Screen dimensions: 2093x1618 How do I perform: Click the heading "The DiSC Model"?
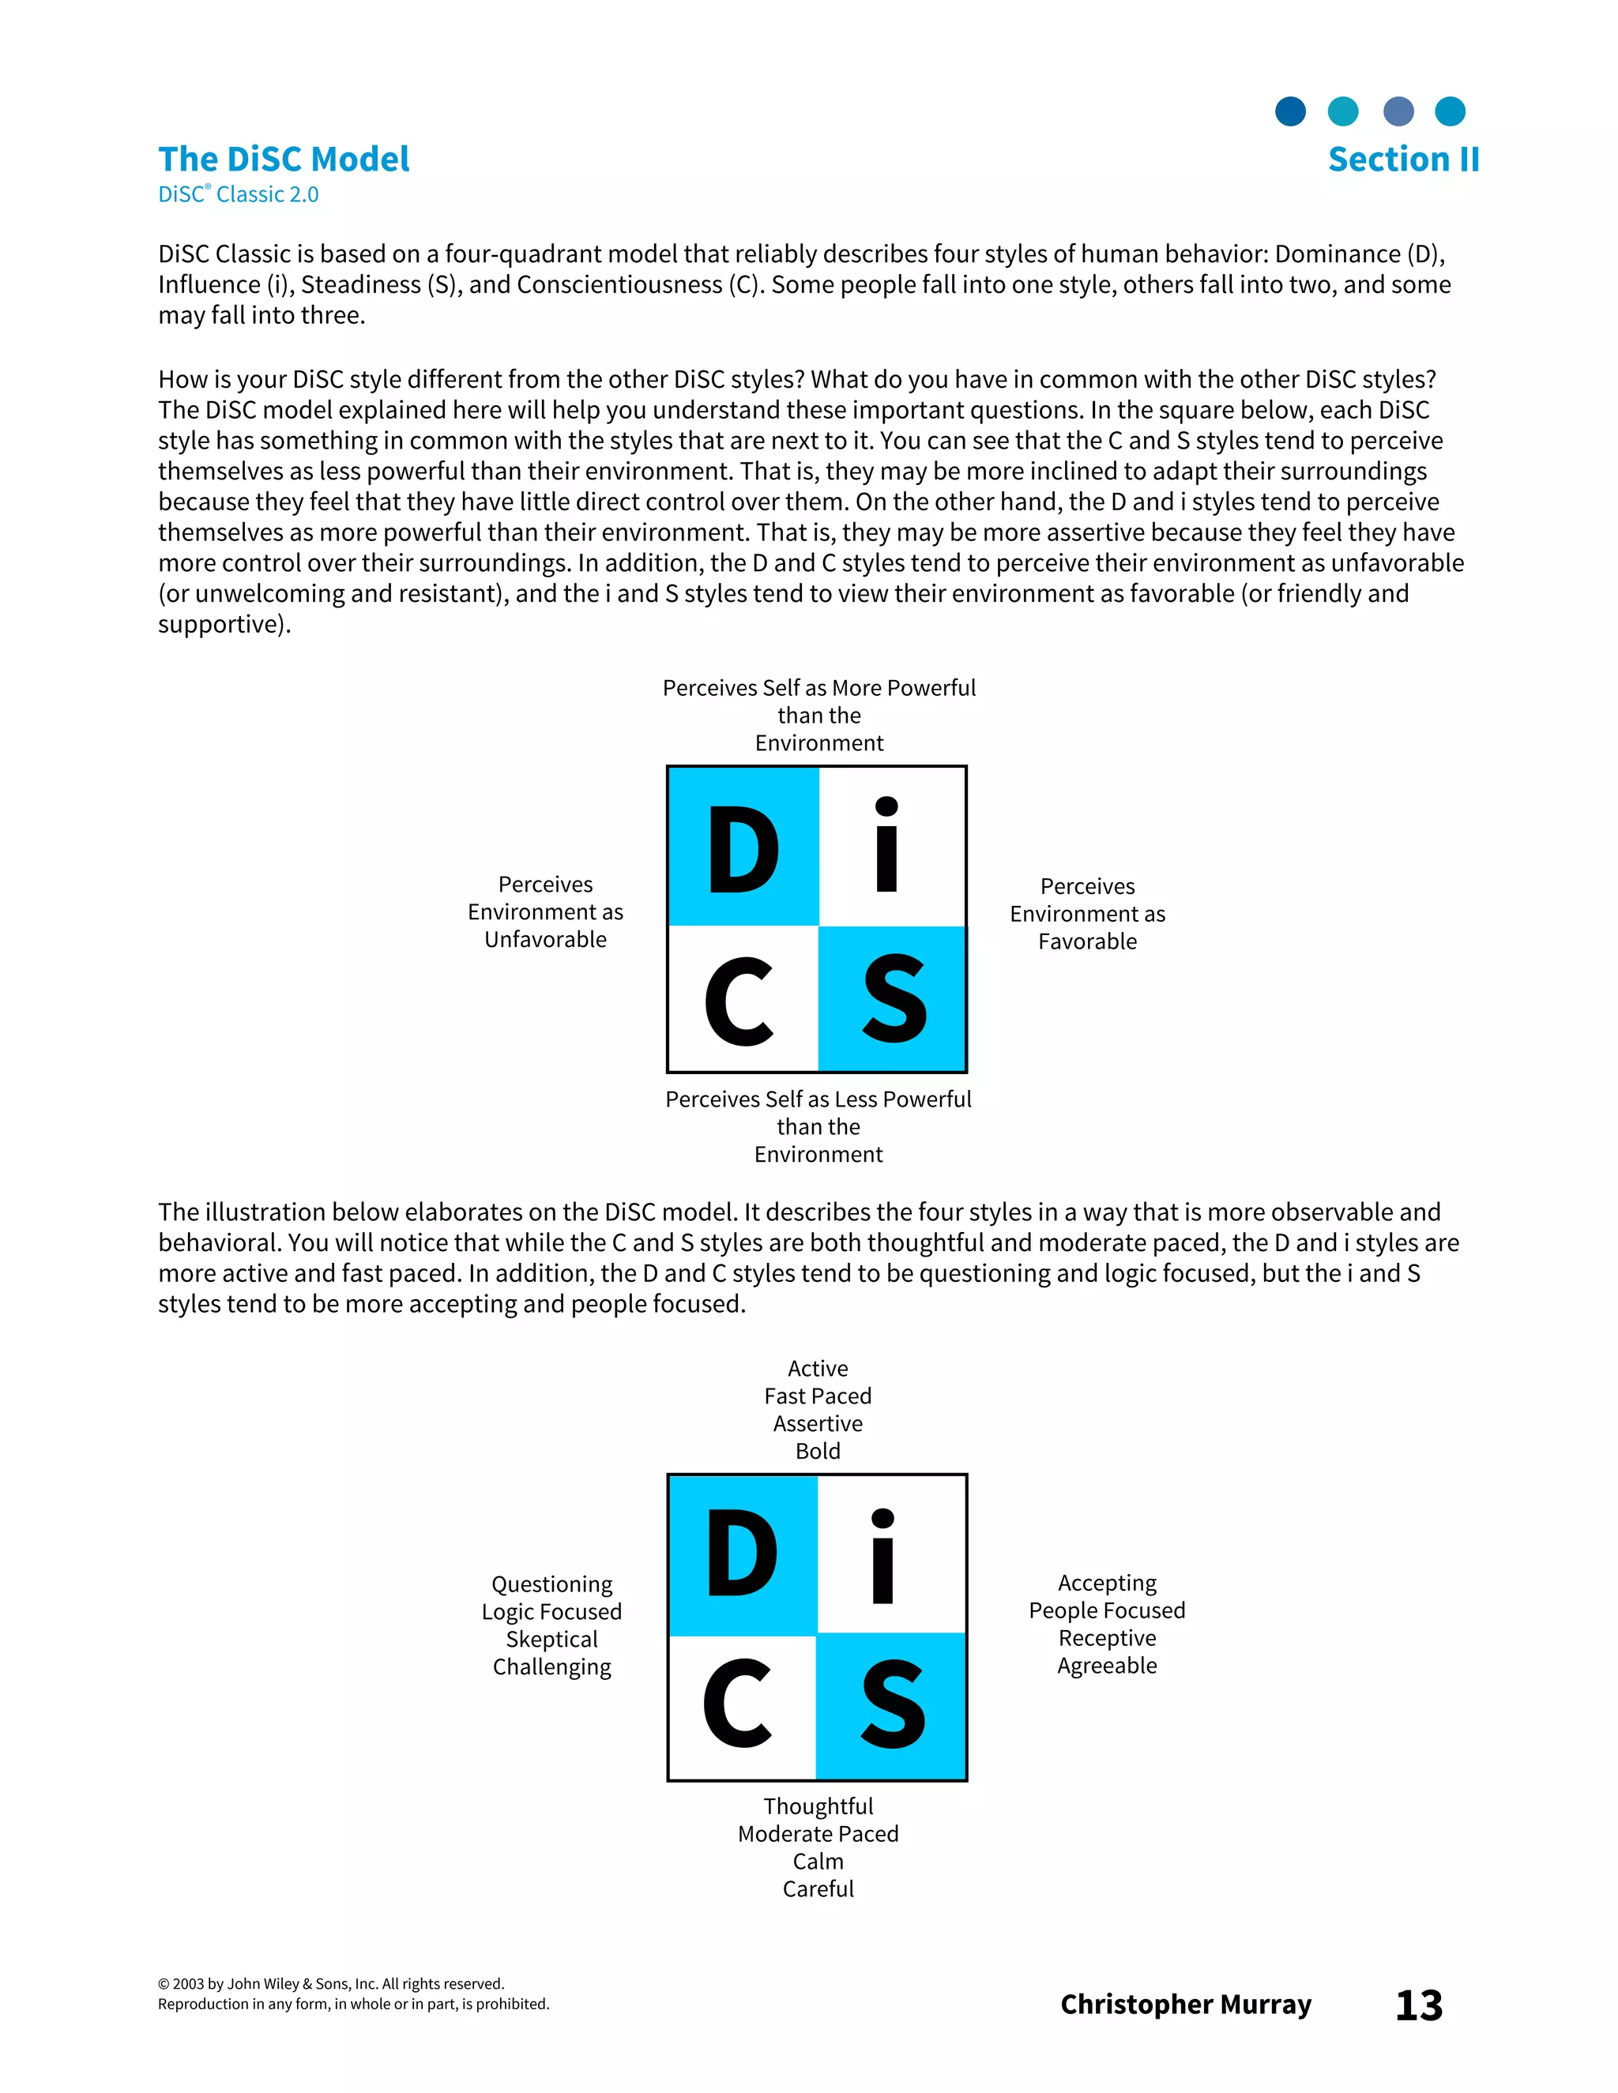pos(284,159)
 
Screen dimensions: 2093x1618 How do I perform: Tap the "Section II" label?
pos(1403,159)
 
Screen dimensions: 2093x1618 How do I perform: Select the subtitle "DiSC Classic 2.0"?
pos(238,194)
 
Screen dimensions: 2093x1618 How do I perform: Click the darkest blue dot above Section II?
pos(1290,111)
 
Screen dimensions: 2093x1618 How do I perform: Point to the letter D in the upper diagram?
pos(743,849)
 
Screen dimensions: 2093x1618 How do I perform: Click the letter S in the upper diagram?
pos(894,1000)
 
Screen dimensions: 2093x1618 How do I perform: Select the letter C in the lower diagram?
pos(737,1704)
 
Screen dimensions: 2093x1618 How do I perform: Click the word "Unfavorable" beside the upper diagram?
pos(545,939)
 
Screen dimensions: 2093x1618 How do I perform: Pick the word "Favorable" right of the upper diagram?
pos(1087,941)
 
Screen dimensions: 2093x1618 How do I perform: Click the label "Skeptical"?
pos(551,1639)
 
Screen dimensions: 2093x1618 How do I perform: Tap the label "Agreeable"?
pos(1107,1666)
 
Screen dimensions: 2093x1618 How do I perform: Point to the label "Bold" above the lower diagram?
pos(818,1451)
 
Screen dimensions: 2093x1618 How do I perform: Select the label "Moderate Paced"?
pos(818,1833)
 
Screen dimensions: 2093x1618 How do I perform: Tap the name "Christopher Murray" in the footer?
pos(1186,2004)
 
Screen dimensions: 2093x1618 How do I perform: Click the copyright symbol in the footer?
pos(163,1984)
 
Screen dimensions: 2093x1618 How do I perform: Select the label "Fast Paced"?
pos(818,1396)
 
